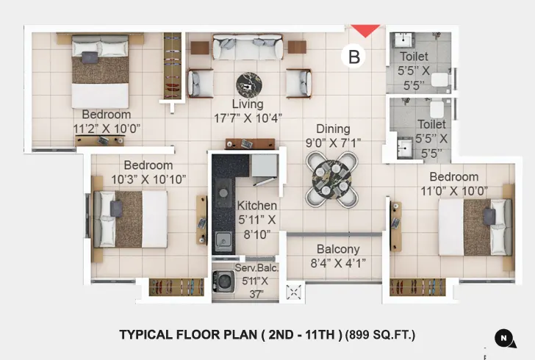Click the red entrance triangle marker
coord(365,30)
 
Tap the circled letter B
coord(354,57)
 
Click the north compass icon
coord(504,337)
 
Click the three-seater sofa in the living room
coord(247,49)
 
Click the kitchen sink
coord(221,240)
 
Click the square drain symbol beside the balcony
coord(294,292)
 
